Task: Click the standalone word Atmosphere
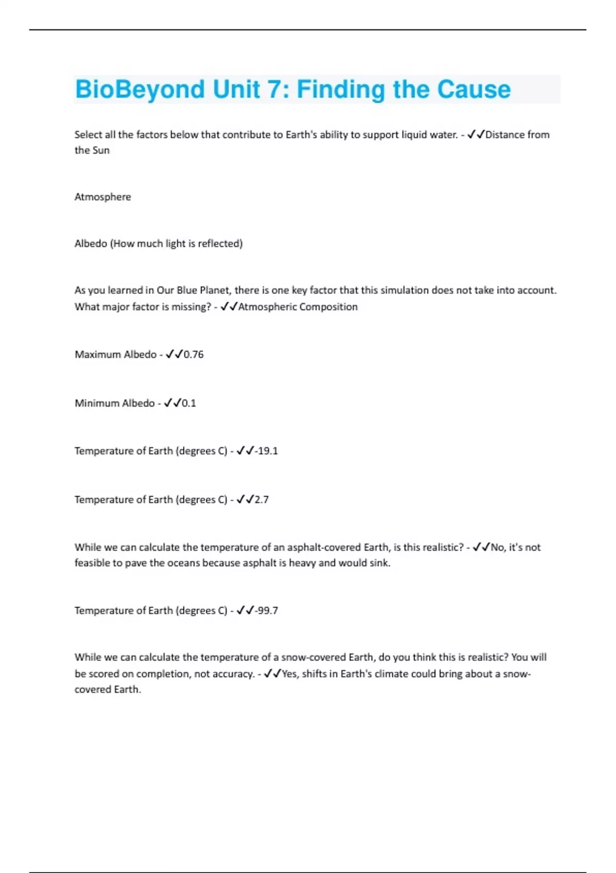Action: pyautogui.click(x=103, y=197)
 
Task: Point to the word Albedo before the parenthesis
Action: pyautogui.click(x=90, y=243)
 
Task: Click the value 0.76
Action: pyautogui.click(x=194, y=354)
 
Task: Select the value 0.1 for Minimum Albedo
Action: pyautogui.click(x=189, y=403)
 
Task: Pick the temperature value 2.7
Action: pyautogui.click(x=261, y=500)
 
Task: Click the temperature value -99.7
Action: pyautogui.click(x=266, y=611)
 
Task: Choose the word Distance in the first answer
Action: pyautogui.click(x=505, y=135)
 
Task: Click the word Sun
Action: pyautogui.click(x=101, y=150)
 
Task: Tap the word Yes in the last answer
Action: pyautogui.click(x=290, y=674)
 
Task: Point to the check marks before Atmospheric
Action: pyautogui.click(x=228, y=307)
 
